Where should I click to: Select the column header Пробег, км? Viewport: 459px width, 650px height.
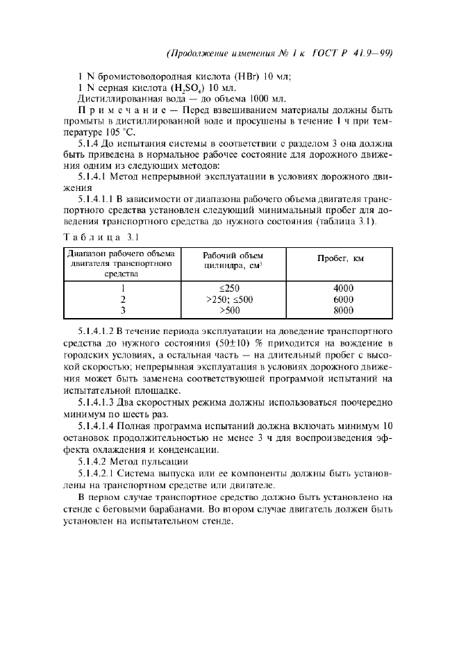click(x=340, y=258)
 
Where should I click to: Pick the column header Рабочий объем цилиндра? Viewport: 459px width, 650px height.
click(x=233, y=260)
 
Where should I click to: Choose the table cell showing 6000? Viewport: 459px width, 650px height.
click(x=342, y=299)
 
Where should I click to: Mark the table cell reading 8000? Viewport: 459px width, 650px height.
click(x=342, y=310)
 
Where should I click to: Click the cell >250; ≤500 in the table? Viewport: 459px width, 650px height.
click(x=230, y=299)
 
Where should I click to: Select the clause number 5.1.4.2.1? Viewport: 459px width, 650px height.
click(x=103, y=473)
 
